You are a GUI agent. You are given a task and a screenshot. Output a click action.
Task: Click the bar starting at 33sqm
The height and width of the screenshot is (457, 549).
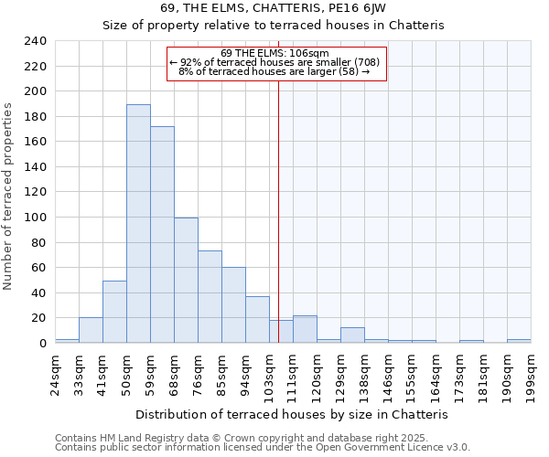91,330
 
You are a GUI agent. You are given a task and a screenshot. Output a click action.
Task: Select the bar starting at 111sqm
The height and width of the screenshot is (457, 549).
305,329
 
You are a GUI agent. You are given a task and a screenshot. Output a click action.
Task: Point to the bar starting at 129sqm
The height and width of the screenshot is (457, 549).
352,335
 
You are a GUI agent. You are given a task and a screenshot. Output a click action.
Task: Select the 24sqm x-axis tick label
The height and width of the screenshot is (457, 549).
55,369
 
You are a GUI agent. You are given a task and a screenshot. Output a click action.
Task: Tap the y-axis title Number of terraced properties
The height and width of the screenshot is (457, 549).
8,196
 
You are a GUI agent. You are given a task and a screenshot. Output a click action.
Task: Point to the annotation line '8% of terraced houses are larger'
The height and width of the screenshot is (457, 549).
274,71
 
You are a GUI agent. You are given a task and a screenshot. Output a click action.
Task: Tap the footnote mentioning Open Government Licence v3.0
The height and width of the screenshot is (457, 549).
263,448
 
